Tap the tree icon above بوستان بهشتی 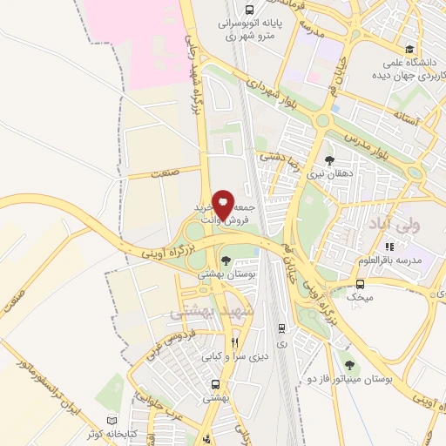point(226,260)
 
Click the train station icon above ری point(281,328)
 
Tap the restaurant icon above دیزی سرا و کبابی point(233,342)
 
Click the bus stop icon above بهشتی point(214,383)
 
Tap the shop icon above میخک point(361,284)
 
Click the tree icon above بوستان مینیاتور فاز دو point(349,366)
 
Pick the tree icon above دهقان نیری point(328,159)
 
